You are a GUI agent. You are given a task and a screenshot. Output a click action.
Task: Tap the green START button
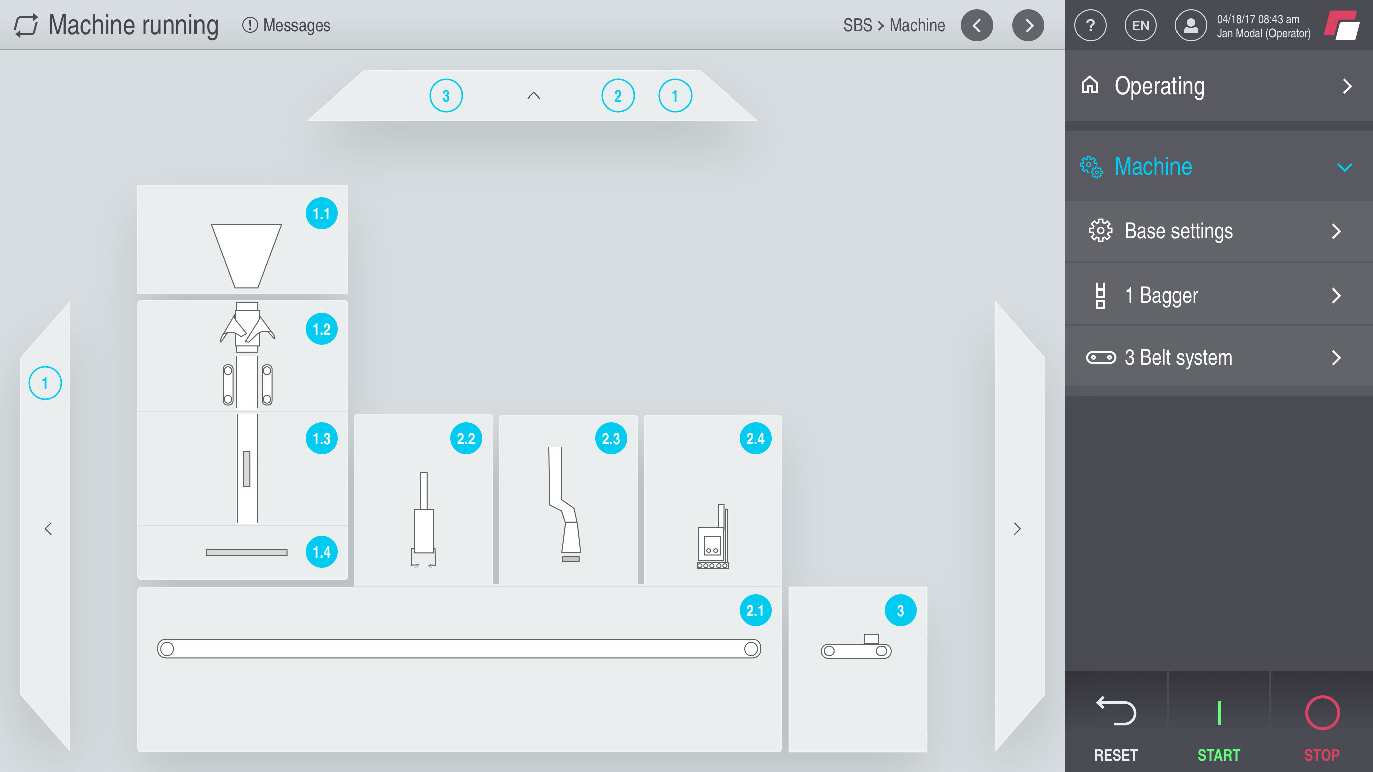[1218, 725]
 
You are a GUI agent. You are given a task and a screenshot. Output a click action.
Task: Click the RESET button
[1116, 725]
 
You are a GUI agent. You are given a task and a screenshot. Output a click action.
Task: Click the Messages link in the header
[287, 25]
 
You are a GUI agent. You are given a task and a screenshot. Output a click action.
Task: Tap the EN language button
[1140, 25]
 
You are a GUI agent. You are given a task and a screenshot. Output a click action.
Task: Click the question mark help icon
[1090, 25]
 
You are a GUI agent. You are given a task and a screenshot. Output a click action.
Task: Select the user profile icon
[1191, 25]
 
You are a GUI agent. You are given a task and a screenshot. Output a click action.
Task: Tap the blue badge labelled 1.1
[322, 213]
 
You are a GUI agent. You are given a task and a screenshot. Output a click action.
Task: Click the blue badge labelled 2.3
[611, 438]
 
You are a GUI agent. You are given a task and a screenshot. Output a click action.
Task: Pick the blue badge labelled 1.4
[322, 552]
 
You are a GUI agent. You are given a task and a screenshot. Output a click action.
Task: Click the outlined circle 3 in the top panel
[446, 96]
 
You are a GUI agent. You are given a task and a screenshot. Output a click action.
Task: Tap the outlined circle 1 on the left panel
[45, 383]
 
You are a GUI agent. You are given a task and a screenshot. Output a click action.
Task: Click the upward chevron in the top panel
[534, 96]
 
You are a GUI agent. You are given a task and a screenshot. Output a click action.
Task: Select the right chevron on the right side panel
[1017, 529]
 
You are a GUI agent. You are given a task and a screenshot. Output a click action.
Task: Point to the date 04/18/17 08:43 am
[1258, 19]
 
